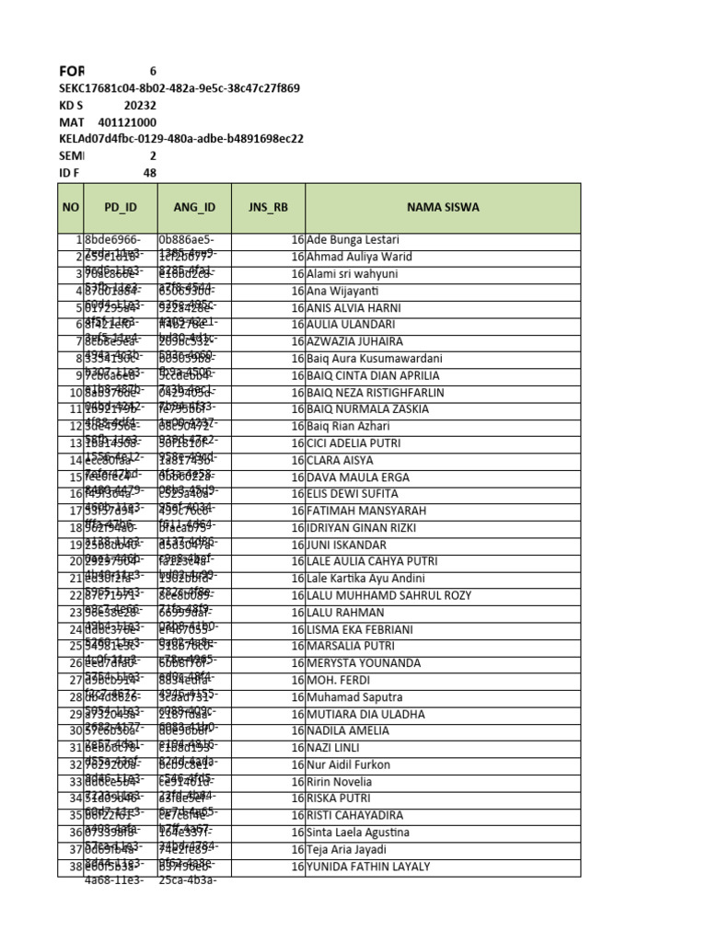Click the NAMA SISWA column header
click(443, 207)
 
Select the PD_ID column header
click(121, 207)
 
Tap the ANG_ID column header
click(194, 207)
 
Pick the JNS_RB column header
click(268, 207)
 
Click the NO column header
click(71, 207)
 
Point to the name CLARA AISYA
click(341, 460)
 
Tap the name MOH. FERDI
click(338, 680)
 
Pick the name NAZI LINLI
click(334, 748)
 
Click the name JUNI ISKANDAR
click(346, 545)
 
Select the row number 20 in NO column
click(75, 561)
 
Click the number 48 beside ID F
click(149, 173)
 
